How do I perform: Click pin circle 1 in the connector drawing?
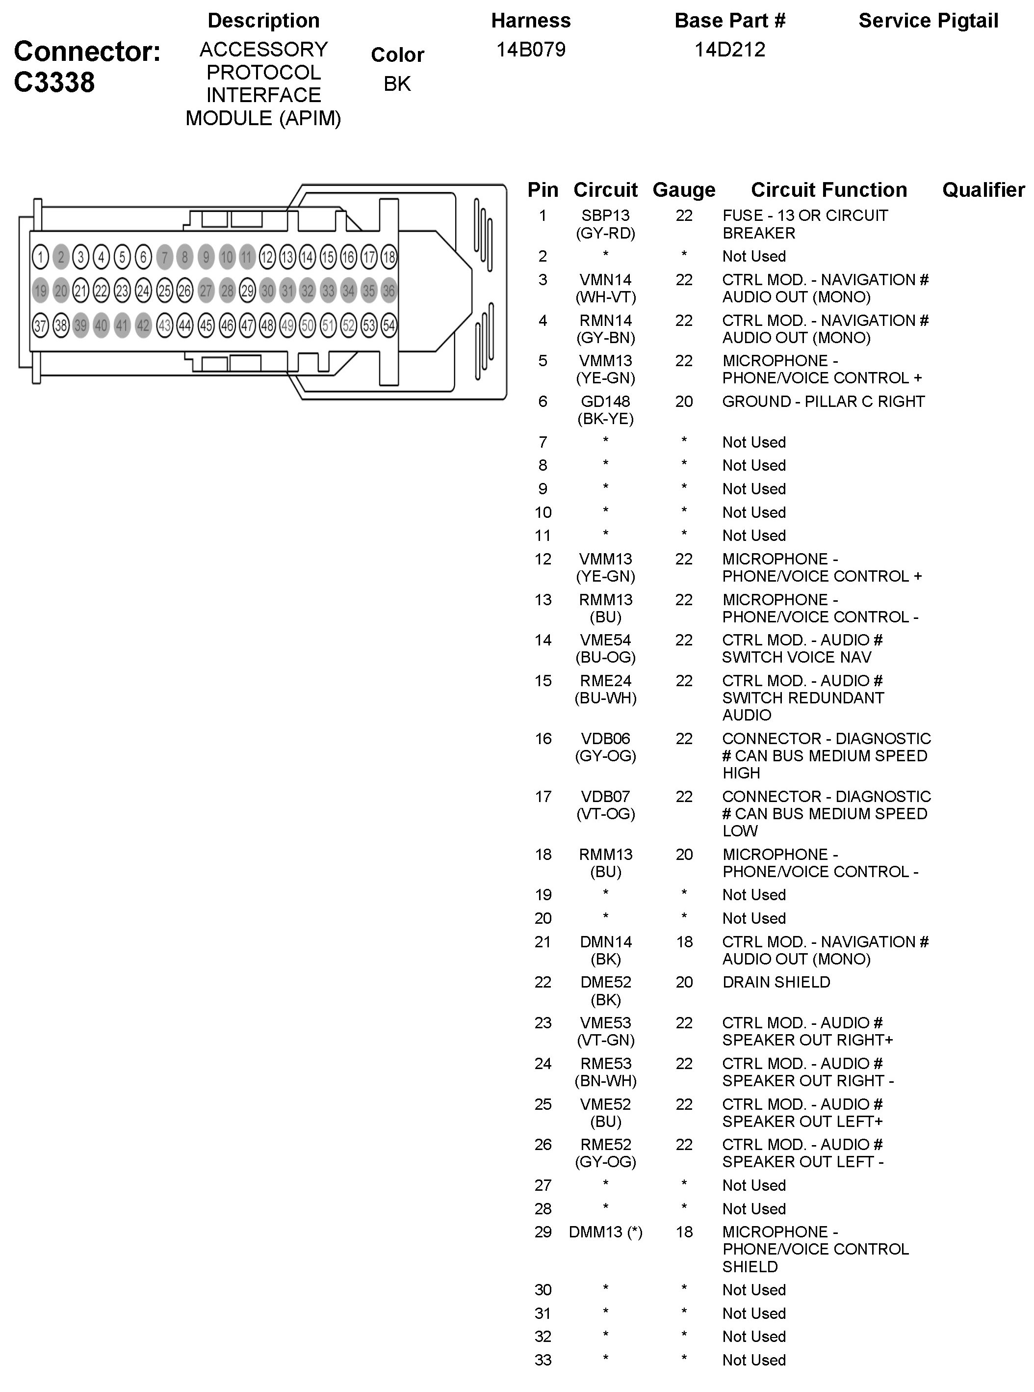[x=40, y=257]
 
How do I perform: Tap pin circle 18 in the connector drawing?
[x=388, y=257]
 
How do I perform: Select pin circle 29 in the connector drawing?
[x=247, y=291]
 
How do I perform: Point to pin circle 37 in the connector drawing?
[x=40, y=325]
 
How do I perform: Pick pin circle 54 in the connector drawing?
[x=388, y=325]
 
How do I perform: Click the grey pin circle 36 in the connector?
[x=388, y=291]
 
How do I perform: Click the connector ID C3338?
[x=54, y=82]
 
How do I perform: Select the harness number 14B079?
[x=531, y=50]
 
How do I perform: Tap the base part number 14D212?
[x=730, y=50]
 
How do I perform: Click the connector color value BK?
[x=397, y=83]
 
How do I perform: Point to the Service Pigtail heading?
[x=928, y=21]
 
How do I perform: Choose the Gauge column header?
[x=683, y=190]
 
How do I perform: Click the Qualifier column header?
[x=983, y=190]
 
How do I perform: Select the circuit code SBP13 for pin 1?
[x=605, y=215]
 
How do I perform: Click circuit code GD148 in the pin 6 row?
[x=605, y=402]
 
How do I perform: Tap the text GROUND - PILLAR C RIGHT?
[x=823, y=402]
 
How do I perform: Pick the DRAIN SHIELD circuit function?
[x=776, y=982]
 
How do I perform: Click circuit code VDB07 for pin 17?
[x=605, y=797]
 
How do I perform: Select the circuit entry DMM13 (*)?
[x=605, y=1231]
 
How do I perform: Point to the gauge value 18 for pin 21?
[x=684, y=942]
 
